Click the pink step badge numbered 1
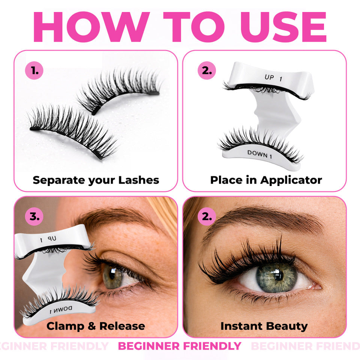(x=34, y=71)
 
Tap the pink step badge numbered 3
(x=34, y=216)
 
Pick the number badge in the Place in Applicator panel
(x=207, y=71)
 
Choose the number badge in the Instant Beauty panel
(x=207, y=216)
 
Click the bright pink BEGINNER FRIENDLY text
(x=180, y=346)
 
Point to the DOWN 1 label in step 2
(x=259, y=154)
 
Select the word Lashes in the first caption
(x=138, y=180)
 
